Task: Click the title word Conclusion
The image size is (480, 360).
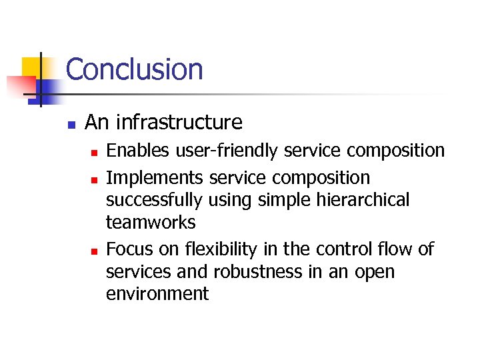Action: click(134, 69)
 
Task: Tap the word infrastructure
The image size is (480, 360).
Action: click(179, 123)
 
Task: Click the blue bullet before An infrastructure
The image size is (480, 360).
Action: click(71, 123)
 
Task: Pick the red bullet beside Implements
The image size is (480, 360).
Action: click(94, 179)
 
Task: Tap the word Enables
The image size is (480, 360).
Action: click(137, 151)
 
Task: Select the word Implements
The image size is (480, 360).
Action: click(155, 178)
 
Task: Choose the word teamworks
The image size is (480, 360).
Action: click(151, 222)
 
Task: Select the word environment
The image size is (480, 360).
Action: click(157, 294)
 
